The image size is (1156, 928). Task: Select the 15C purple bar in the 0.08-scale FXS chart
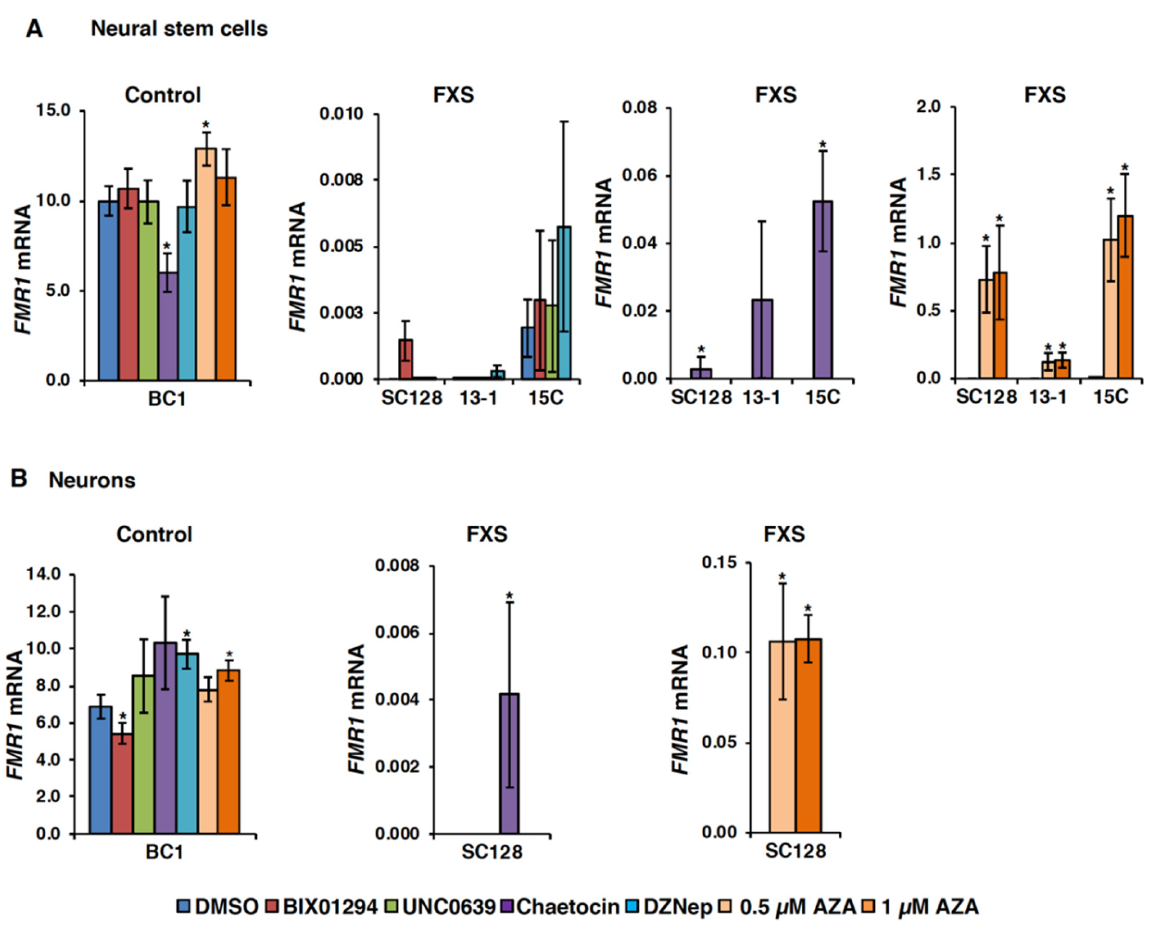(822, 290)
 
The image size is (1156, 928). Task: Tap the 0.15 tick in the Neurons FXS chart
(720, 562)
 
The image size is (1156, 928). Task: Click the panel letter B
(19, 478)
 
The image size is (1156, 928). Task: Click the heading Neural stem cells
(179, 28)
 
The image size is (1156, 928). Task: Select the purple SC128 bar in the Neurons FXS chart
(509, 764)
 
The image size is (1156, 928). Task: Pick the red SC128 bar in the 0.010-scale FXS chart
(406, 359)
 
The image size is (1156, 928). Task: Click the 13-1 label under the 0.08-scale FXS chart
(761, 397)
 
